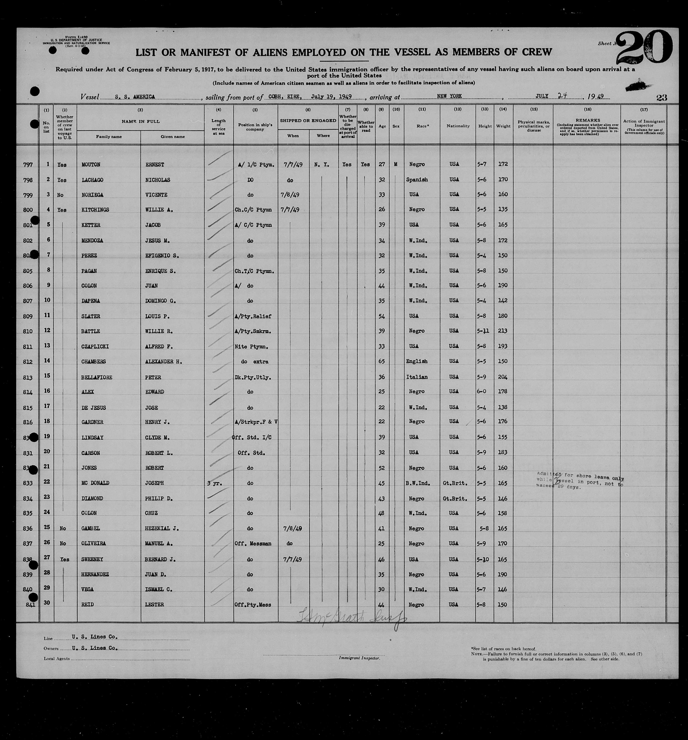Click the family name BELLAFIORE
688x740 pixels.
(x=97, y=377)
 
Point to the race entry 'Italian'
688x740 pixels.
(x=417, y=377)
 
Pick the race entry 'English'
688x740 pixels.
(x=417, y=361)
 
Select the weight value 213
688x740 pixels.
(x=503, y=331)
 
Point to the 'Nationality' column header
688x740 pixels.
(x=458, y=126)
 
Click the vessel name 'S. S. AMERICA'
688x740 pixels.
(x=135, y=96)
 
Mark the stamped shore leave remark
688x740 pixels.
(x=580, y=481)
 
